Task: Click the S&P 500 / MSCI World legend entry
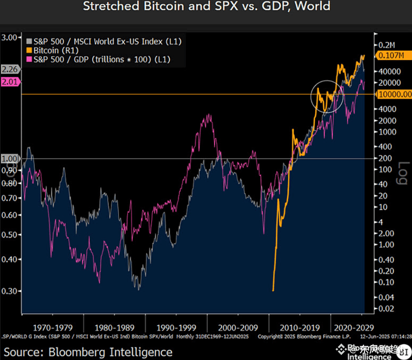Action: pos(103,41)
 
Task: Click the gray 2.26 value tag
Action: pos(10,69)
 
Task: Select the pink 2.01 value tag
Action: pos(10,82)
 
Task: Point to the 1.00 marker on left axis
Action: pos(10,159)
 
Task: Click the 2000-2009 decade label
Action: pos(238,327)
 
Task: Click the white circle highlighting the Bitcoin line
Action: pos(327,97)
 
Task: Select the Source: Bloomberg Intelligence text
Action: pos(88,352)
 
